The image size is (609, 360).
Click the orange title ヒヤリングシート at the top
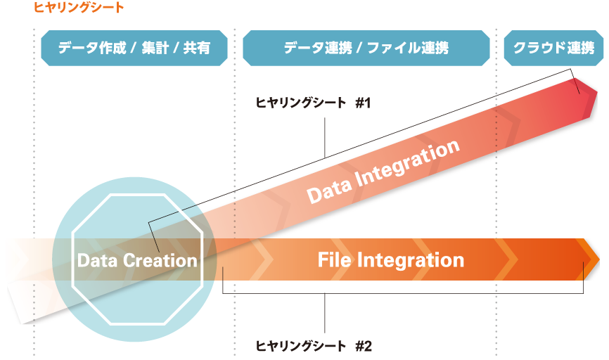[x=79, y=7]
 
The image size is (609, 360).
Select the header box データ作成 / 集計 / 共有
[x=134, y=48]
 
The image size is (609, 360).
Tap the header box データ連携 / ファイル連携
[x=366, y=48]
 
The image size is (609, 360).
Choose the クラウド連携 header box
[x=554, y=48]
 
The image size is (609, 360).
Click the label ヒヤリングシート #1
[x=313, y=103]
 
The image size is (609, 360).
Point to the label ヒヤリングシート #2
[x=314, y=346]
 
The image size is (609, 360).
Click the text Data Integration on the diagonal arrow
[x=383, y=171]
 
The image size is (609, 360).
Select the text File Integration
[x=391, y=260]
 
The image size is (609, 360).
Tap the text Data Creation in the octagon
[x=137, y=260]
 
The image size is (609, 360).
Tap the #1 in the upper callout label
[x=363, y=103]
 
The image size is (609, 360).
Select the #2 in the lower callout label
[x=364, y=346]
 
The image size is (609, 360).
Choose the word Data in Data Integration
[x=328, y=188]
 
